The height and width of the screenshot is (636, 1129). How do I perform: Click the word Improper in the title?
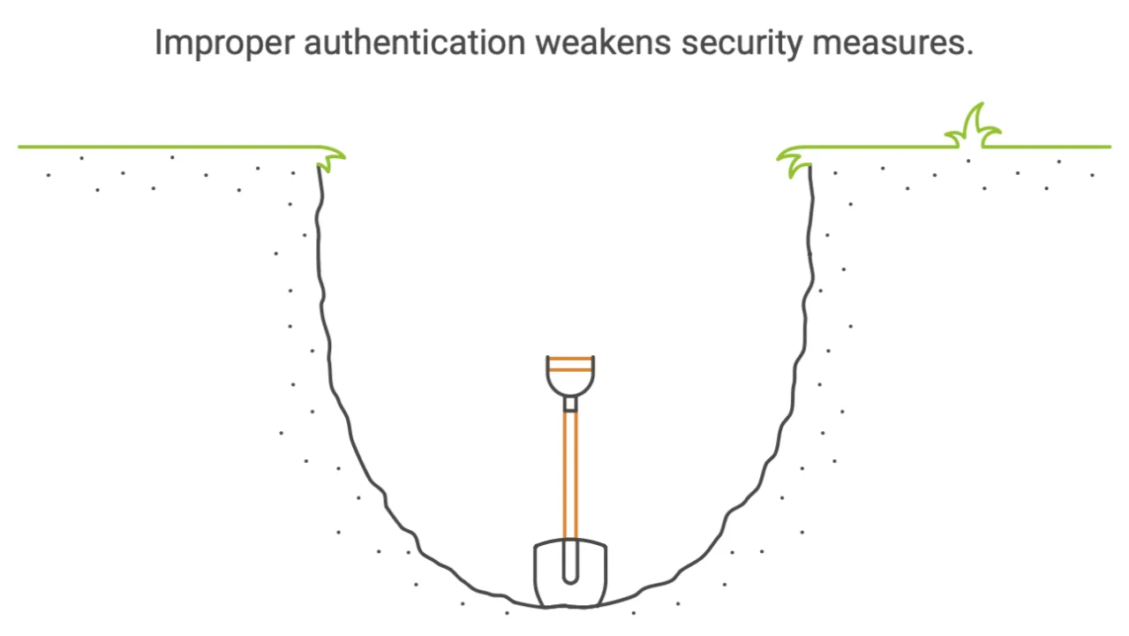point(224,44)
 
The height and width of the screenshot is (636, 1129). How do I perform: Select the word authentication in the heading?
point(415,42)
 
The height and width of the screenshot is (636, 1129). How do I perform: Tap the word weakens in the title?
point(603,42)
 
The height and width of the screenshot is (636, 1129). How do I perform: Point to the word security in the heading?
point(741,44)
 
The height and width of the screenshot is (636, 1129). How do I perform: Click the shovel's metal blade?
point(570,573)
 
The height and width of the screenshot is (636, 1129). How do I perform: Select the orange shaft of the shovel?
point(570,475)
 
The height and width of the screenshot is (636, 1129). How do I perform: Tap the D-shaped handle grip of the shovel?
point(570,376)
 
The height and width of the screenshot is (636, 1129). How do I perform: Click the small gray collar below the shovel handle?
point(570,404)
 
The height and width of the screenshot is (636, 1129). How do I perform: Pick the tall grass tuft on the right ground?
point(973,127)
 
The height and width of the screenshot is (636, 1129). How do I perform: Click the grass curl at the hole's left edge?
point(331,159)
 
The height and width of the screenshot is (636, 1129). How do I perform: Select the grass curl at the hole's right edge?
point(794,161)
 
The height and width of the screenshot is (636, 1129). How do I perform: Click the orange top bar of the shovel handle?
point(570,359)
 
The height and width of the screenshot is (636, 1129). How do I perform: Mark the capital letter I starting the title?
point(158,42)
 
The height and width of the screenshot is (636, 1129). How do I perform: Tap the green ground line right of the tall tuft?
point(1047,147)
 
